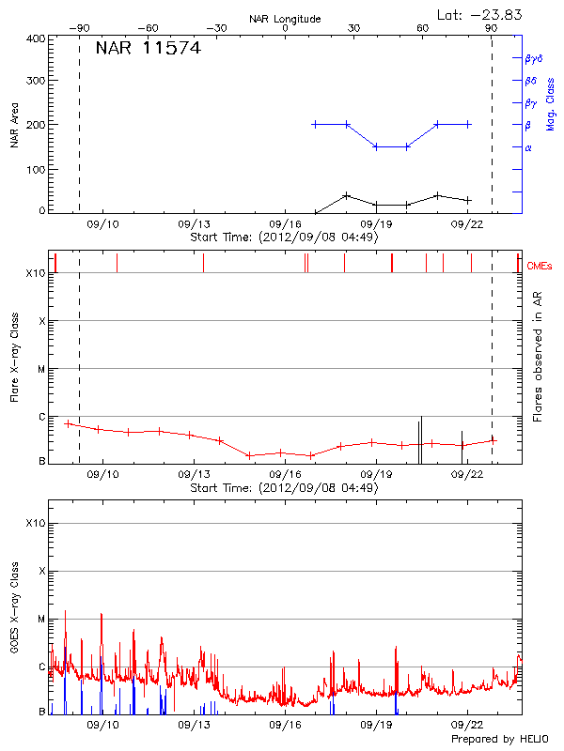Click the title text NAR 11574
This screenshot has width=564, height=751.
[148, 49]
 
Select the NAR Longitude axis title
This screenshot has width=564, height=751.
[285, 19]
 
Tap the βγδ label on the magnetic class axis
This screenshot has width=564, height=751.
[533, 58]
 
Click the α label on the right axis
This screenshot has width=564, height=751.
[528, 147]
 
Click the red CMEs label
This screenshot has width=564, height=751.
[540, 267]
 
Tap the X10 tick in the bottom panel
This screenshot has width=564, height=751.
[36, 522]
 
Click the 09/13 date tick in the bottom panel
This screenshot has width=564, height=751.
[194, 726]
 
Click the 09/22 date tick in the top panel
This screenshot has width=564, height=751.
[467, 225]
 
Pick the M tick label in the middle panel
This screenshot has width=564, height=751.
[42, 369]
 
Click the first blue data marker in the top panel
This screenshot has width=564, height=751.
[315, 124]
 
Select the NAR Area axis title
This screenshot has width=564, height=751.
[14, 126]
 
